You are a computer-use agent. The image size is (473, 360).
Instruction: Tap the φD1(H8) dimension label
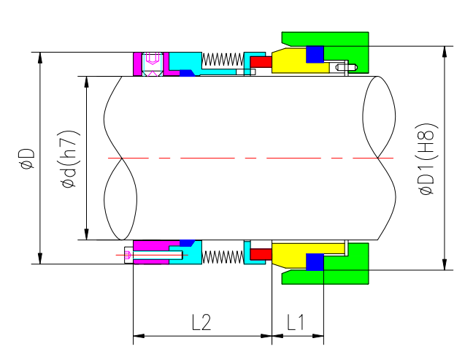tap(427, 158)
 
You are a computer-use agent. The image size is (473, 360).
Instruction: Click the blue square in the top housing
tap(315, 55)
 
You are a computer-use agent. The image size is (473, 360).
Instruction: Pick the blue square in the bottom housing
tap(315, 262)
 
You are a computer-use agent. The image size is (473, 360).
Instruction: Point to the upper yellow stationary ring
tap(292, 64)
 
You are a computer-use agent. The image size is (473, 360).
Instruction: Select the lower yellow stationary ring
tap(292, 253)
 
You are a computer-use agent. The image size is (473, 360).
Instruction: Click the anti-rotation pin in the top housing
tap(347, 69)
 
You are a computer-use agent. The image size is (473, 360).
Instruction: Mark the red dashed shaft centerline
tap(248, 158)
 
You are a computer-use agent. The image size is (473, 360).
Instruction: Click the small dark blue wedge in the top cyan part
tap(187, 73)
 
